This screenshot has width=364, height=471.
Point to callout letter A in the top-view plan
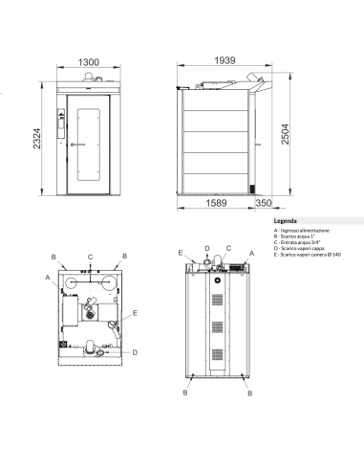point(46,277)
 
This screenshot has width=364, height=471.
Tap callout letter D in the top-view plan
point(135,353)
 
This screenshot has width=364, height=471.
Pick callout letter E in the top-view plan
point(135,313)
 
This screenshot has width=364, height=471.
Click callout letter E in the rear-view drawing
point(180,252)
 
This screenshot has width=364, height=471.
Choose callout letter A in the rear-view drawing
point(250,256)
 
